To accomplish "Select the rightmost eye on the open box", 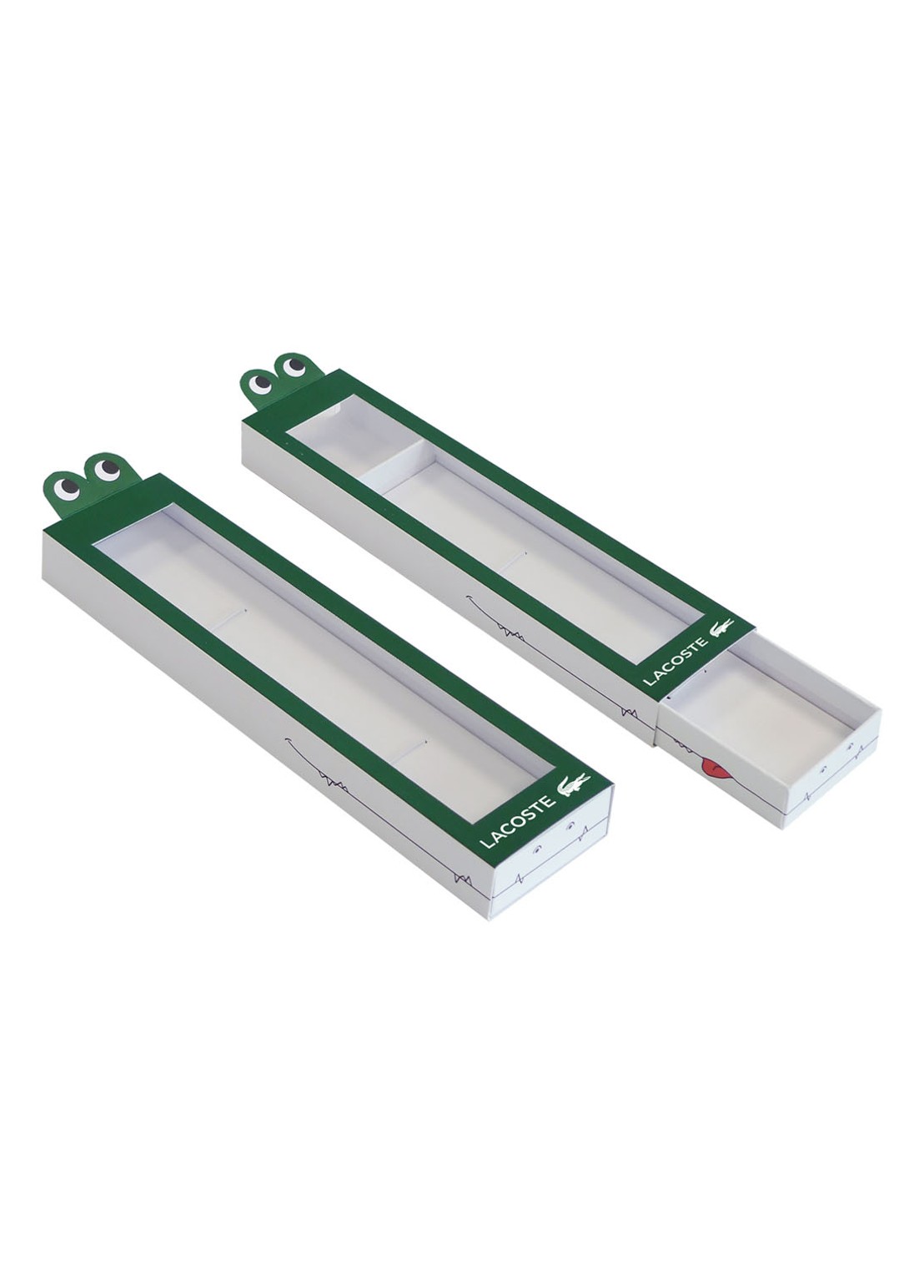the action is (294, 367).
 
